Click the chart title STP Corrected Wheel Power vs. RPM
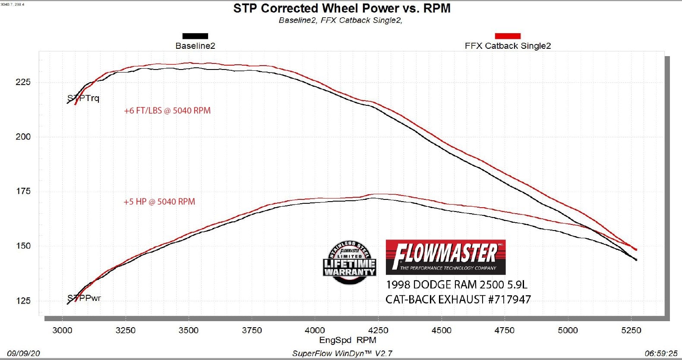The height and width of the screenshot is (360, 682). pos(341,8)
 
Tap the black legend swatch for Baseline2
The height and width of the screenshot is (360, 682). pos(195,36)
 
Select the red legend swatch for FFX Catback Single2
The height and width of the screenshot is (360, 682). pos(508,36)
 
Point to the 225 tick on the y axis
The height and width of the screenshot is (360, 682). pos(23,82)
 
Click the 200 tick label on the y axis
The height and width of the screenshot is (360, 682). pos(23,137)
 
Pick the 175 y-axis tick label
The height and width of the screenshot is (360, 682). pos(23,191)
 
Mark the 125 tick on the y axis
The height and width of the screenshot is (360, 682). pos(23,301)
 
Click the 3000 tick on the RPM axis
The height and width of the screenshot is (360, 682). pos(63,330)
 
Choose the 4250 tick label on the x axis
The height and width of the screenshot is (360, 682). pos(378,330)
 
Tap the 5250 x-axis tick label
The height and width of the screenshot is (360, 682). pos(631,330)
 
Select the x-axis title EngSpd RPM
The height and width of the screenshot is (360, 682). pos(347,340)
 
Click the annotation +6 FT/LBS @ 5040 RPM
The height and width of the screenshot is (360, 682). pos(167,111)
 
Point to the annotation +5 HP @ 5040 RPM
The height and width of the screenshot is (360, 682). pos(159,202)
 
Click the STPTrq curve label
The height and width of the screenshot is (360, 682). pos(83,98)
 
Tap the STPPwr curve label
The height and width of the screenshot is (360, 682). pos(84,298)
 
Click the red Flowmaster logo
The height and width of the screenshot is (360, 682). pos(445,257)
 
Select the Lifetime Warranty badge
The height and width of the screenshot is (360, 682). pos(349,263)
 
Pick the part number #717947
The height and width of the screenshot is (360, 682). pos(509,299)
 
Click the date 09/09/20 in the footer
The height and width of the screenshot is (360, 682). pos(23,353)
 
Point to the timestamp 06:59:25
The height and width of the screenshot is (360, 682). pos(661,353)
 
